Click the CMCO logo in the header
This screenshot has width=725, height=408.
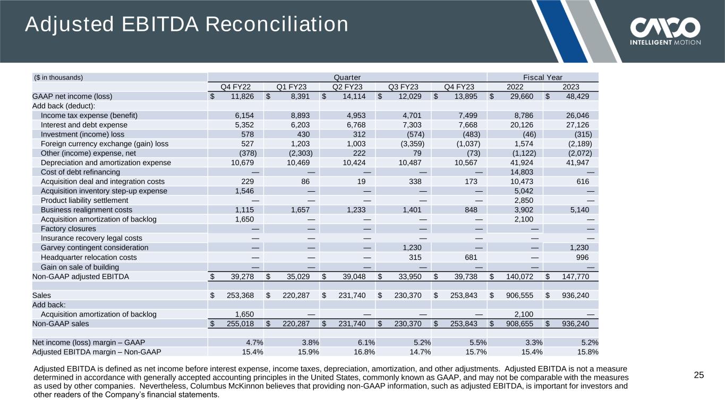coord(666,30)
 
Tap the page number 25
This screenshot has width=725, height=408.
coord(699,376)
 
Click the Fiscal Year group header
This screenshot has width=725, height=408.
coord(542,77)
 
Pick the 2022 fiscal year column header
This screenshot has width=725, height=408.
coord(514,87)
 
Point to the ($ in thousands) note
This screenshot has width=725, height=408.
coord(58,78)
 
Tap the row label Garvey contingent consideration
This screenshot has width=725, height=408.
coord(95,248)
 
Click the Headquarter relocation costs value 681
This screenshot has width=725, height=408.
coord(474,257)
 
